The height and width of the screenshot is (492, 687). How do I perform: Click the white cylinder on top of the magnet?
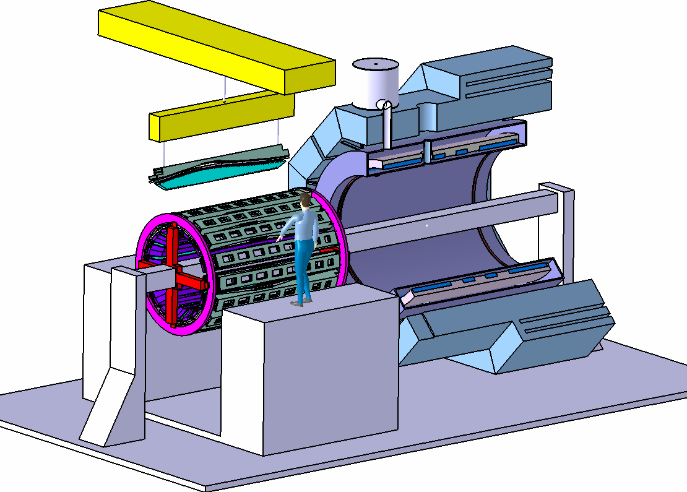pyautogui.click(x=375, y=84)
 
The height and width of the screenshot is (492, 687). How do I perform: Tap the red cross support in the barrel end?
pyautogui.click(x=173, y=275)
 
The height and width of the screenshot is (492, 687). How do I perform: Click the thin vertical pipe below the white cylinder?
pyautogui.click(x=387, y=127)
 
